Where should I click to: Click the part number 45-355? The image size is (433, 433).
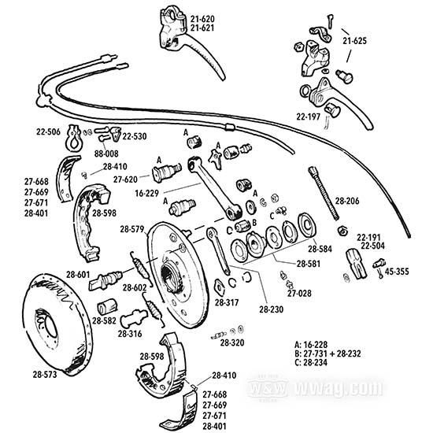(398, 271)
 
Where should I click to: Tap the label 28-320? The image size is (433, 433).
(232, 343)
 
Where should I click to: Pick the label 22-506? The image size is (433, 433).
(46, 131)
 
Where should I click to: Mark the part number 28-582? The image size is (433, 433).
(104, 320)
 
